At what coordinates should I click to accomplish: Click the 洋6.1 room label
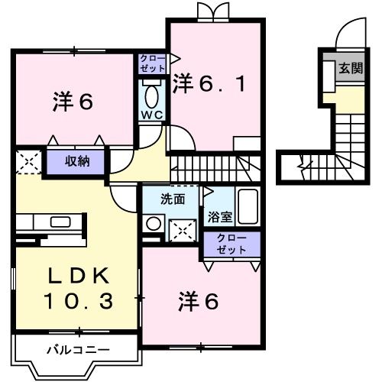point(209,82)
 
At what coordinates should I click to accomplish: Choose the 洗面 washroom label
point(172,199)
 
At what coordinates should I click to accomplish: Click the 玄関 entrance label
point(350,68)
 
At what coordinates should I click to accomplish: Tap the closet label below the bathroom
point(231,244)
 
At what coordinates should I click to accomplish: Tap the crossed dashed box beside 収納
point(28,161)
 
